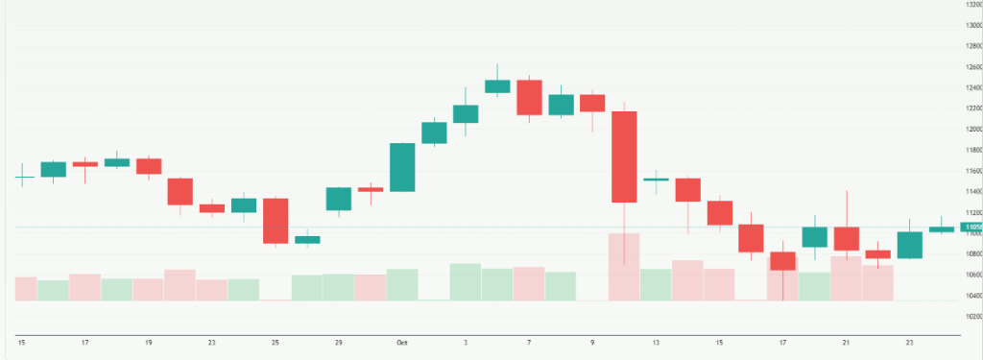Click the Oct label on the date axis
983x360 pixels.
pos(401,342)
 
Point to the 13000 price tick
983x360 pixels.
pos(971,26)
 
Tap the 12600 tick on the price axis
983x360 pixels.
pos(971,67)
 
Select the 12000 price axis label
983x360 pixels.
pos(971,130)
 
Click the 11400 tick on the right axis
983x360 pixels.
pos(971,192)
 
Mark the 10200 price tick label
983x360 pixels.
pos(971,316)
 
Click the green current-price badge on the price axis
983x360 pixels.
pos(971,227)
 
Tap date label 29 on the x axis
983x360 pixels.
pos(338,342)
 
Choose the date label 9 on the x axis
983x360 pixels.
pos(592,342)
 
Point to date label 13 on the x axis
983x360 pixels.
pos(656,342)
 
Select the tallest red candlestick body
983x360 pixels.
pos(624,156)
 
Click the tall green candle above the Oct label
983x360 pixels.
pos(402,167)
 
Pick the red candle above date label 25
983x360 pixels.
pos(276,220)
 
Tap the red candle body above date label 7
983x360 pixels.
pos(529,97)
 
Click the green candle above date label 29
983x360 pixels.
pos(338,199)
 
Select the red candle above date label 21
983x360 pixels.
pos(847,238)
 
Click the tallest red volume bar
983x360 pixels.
pos(624,266)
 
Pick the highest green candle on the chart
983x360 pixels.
pos(497,86)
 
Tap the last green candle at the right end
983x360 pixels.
pos(942,228)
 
